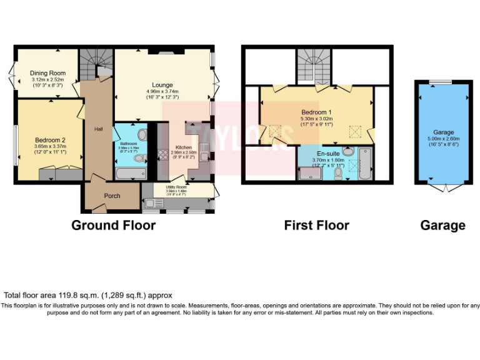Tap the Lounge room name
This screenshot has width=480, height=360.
tap(162, 85)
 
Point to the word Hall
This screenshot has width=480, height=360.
tap(98, 129)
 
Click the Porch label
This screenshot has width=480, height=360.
tap(112, 196)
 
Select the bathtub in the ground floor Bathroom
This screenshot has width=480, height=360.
tap(131, 172)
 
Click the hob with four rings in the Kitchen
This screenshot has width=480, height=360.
tap(163, 154)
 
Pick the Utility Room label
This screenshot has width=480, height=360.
tap(176, 187)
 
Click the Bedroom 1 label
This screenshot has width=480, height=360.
tap(316, 112)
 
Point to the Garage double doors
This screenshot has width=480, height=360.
tap(443, 187)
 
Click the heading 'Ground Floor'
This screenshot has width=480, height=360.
tap(113, 225)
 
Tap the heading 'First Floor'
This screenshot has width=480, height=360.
tap(316, 225)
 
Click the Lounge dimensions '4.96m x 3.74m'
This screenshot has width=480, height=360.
tap(162, 91)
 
